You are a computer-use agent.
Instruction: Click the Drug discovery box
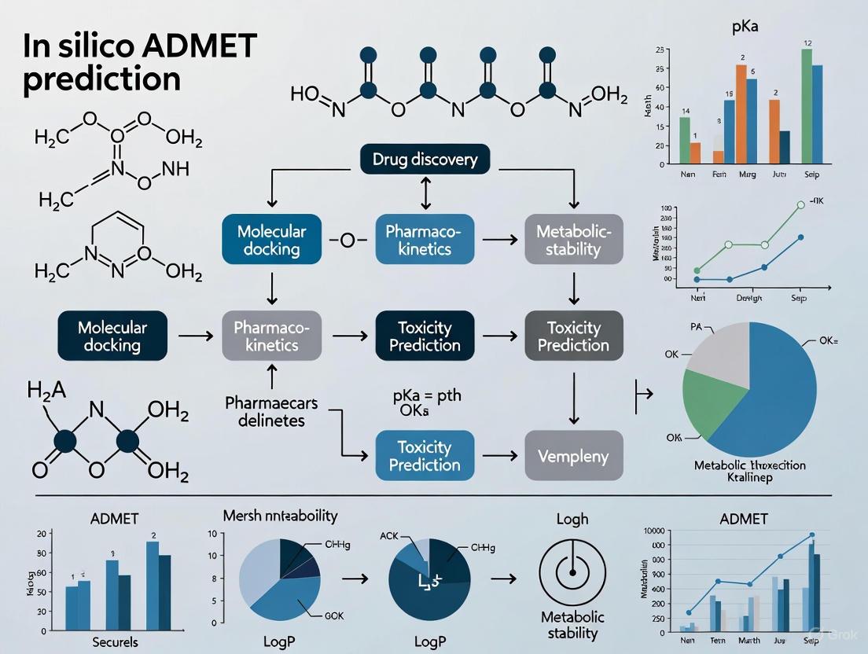click(425, 160)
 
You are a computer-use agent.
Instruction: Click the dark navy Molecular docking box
click(112, 336)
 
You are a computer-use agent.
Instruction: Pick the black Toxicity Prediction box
click(425, 336)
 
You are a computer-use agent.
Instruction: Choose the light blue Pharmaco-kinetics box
click(425, 241)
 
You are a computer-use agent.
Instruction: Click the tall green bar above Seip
click(806, 106)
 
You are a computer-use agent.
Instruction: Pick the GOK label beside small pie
click(334, 615)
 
